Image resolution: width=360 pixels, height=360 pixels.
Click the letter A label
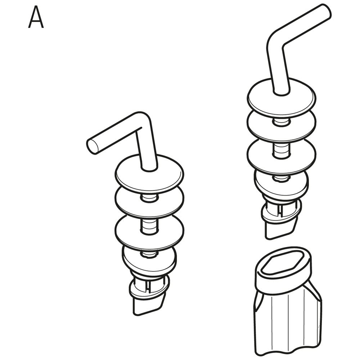pos(36,17)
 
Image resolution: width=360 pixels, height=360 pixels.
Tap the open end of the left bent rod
pos(92,145)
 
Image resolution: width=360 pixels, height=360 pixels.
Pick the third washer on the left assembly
pos(149,232)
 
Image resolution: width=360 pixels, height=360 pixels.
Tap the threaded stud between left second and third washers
pos(149,226)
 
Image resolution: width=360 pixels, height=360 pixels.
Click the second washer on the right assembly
pos(282,125)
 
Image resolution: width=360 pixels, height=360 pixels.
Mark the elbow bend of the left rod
pos(144,121)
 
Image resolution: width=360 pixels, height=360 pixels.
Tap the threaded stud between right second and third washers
pos(281,150)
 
